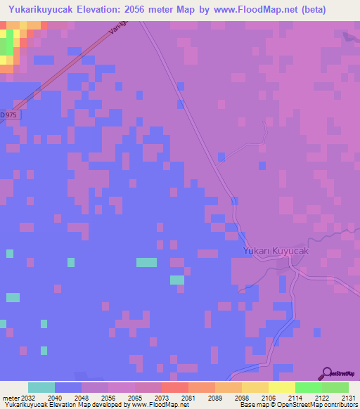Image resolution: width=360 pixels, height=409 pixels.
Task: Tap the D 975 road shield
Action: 7,115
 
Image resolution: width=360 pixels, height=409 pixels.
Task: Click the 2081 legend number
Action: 188,398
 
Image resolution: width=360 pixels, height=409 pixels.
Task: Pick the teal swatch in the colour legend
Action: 41,387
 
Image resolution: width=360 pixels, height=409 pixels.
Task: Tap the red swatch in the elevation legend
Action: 174,387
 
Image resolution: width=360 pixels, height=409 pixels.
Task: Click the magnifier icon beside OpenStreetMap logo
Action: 326,373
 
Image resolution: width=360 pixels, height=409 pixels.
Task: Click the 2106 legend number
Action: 268,398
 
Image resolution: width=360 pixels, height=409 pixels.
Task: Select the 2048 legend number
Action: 81,398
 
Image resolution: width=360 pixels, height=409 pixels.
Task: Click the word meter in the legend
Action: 11,398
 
